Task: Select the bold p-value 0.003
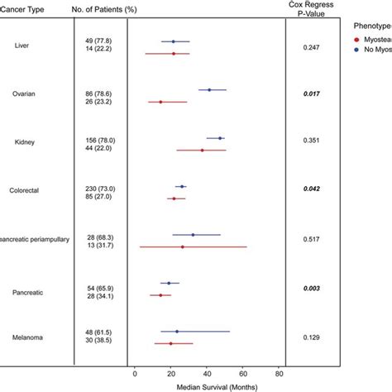312,289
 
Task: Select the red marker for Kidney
202,151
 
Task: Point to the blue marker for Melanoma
177,332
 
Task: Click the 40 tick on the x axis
208,372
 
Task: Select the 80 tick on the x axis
280,372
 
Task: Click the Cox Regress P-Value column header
312,12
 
